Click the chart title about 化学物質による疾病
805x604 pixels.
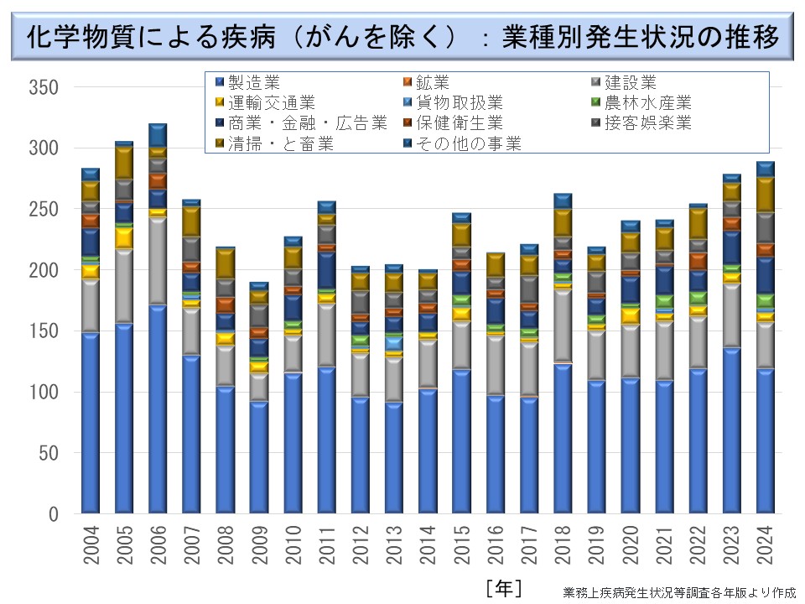click(x=402, y=38)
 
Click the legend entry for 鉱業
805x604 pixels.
click(x=433, y=82)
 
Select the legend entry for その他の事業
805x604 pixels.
click(x=469, y=144)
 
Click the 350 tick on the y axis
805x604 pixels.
click(x=42, y=87)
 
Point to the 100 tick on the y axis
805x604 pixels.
click(x=42, y=392)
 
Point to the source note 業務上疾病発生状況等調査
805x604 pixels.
click(x=679, y=591)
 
